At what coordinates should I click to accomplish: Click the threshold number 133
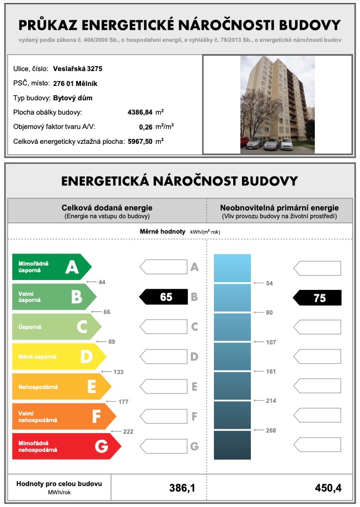pyautogui.click(x=118, y=372)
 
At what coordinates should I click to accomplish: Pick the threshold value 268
pyautogui.click(x=271, y=430)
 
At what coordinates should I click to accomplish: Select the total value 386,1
pyautogui.click(x=181, y=488)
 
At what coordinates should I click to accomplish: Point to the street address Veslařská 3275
pyautogui.click(x=77, y=69)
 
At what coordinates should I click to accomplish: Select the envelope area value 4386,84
pyautogui.click(x=141, y=112)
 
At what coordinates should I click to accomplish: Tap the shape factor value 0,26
pyautogui.click(x=145, y=127)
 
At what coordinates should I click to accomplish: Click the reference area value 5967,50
pyautogui.click(x=141, y=142)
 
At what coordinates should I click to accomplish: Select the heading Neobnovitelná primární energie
pyautogui.click(x=279, y=207)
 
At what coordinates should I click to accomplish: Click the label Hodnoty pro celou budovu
pyautogui.click(x=59, y=483)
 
